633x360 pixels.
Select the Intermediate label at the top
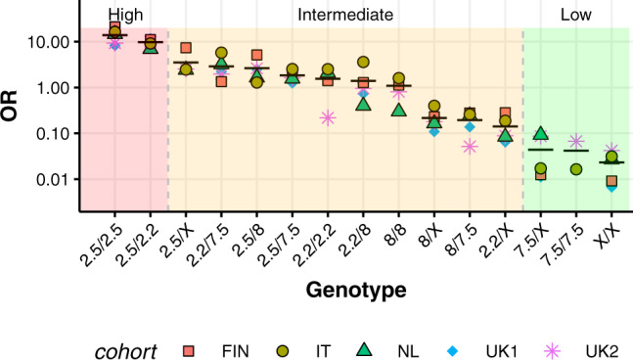tap(345, 15)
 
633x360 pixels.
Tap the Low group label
tap(575, 15)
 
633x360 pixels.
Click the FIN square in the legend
tap(192, 349)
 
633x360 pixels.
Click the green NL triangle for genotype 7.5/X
tap(541, 134)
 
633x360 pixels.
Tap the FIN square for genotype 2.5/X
tap(186, 48)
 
